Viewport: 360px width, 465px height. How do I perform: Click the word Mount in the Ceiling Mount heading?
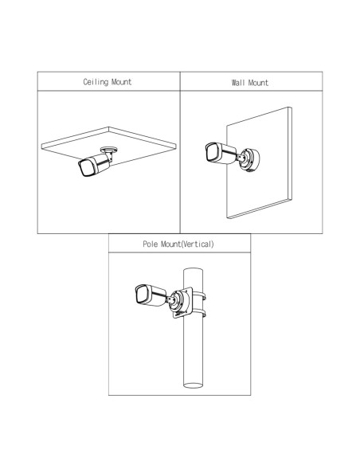122,82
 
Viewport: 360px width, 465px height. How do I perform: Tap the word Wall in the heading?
238,83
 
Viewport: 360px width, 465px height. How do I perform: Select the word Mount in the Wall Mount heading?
258,83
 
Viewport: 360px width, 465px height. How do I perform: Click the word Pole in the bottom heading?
150,244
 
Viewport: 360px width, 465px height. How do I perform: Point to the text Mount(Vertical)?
187,244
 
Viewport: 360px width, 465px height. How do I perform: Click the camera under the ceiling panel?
95,165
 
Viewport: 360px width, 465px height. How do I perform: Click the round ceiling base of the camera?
109,149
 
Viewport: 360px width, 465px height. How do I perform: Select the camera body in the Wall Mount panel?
221,153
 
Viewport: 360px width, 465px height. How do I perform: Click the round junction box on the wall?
249,160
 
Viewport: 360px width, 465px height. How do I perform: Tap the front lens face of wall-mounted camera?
212,152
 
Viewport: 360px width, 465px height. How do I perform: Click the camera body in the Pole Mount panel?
151,295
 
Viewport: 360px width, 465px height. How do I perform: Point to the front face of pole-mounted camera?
142,295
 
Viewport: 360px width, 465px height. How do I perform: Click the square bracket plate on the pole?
183,303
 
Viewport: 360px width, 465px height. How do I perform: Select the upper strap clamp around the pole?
199,295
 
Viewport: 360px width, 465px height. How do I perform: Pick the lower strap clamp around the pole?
199,313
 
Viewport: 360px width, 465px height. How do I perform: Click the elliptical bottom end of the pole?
193,385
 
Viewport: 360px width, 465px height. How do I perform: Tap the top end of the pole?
193,271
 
